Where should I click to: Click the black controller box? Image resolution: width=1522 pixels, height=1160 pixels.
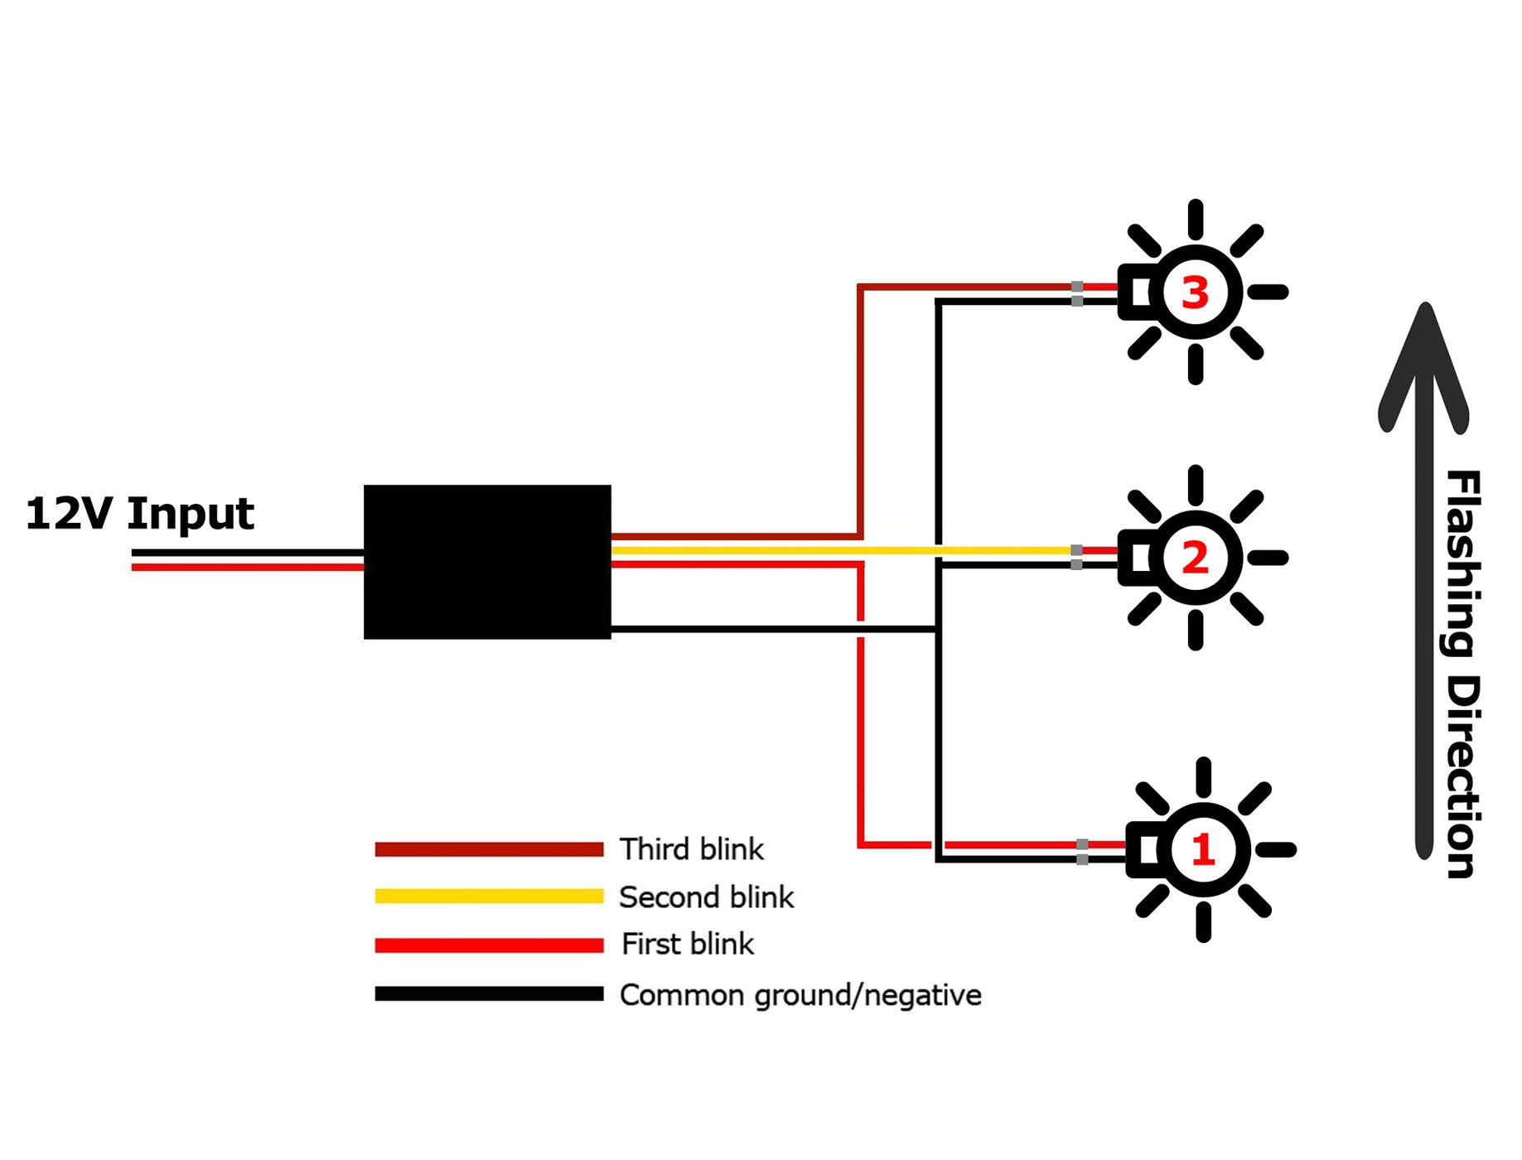487,562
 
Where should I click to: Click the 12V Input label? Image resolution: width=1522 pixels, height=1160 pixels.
139,514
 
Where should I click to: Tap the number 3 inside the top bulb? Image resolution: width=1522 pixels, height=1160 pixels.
1195,293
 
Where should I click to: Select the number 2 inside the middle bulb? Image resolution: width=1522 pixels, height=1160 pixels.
1195,558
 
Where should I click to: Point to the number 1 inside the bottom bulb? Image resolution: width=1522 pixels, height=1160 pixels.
1203,850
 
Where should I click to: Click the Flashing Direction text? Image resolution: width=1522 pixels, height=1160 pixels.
1462,673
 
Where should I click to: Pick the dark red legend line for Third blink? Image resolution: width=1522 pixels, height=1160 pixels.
489,849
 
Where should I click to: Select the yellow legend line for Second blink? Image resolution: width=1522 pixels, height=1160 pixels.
489,896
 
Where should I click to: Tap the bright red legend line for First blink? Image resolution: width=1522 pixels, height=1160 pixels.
489,945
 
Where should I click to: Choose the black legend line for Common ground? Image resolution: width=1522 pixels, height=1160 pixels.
489,994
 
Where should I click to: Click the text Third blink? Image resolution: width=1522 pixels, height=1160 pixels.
692,849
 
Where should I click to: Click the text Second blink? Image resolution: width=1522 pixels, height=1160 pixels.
706,897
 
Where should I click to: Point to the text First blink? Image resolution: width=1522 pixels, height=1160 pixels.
688,945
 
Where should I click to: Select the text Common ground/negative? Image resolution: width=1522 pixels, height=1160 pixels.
800,995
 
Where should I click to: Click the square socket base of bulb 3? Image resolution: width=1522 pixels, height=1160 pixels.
1135,292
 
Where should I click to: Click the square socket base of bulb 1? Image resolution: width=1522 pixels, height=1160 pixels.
1144,850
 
